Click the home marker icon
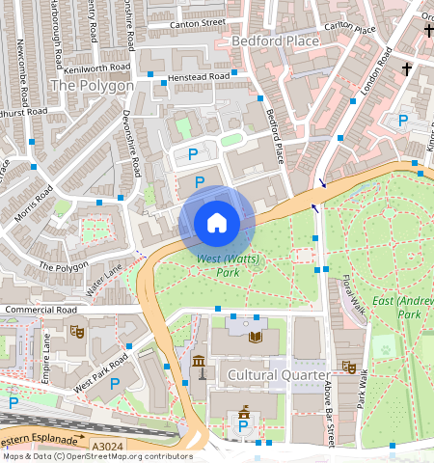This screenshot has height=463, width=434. tap(217, 224)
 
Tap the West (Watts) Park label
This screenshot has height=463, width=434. tap(219, 265)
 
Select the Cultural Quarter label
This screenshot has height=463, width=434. tap(280, 373)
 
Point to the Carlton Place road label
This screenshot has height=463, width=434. tap(350, 28)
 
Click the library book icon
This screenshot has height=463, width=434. tap(255, 337)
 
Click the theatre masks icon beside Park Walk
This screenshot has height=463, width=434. tap(349, 368)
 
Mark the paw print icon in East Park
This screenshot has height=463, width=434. tap(386, 347)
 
